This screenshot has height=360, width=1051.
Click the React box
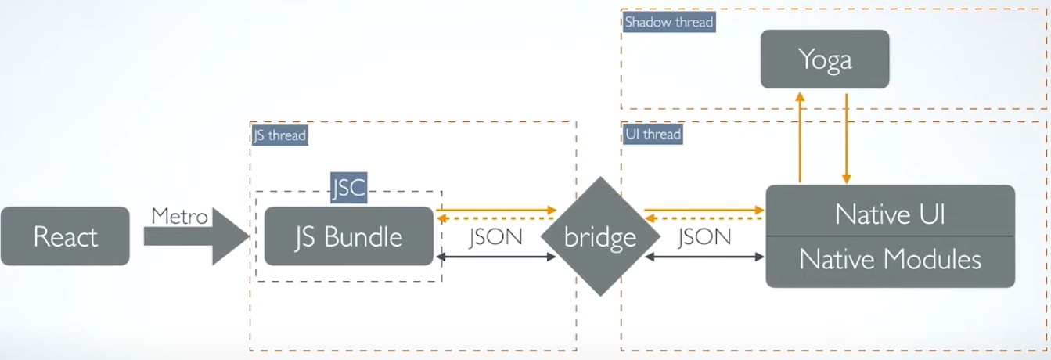pyautogui.click(x=65, y=236)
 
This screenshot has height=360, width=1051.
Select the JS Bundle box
pyautogui.click(x=348, y=236)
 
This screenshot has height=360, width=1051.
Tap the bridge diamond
pyautogui.click(x=600, y=236)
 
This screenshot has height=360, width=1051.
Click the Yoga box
pyautogui.click(x=825, y=59)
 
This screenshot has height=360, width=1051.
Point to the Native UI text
pyautogui.click(x=890, y=214)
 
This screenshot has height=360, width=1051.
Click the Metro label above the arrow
pyautogui.click(x=179, y=216)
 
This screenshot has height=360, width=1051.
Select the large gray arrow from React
pyautogui.click(x=196, y=236)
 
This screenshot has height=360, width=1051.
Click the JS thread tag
pyautogui.click(x=279, y=135)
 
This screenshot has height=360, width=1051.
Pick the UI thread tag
pyautogui.click(x=653, y=134)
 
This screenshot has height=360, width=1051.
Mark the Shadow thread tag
pyautogui.click(x=669, y=22)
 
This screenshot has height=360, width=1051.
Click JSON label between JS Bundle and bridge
pyautogui.click(x=495, y=237)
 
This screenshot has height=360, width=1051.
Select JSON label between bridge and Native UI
pyautogui.click(x=704, y=237)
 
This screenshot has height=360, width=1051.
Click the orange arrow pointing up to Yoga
pyautogui.click(x=800, y=137)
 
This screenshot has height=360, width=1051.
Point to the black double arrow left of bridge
pyautogui.click(x=495, y=257)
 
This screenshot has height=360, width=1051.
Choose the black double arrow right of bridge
pyautogui.click(x=704, y=257)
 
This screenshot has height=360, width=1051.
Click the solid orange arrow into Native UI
pyautogui.click(x=704, y=210)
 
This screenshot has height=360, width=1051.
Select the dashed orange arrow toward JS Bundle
pyautogui.click(x=495, y=218)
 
